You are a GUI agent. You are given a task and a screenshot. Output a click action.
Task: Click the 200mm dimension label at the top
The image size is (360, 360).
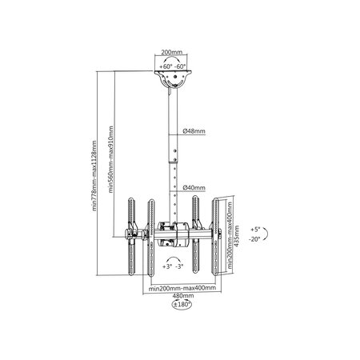pyautogui.click(x=171, y=52)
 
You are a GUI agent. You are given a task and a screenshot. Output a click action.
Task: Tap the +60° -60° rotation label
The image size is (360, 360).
pyautogui.click(x=173, y=66)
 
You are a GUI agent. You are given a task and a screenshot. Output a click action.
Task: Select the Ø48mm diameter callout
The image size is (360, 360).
pyautogui.click(x=194, y=131)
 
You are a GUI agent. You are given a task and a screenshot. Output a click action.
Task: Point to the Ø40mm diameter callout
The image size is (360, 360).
pyautogui.click(x=194, y=188)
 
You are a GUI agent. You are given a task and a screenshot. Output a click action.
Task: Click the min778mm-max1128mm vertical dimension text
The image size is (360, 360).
pyautogui.click(x=94, y=176)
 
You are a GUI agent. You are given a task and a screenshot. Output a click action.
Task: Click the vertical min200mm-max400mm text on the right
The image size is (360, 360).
pyautogui.click(x=230, y=235)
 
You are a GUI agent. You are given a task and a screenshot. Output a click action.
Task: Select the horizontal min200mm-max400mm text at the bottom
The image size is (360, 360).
pyautogui.click(x=182, y=288)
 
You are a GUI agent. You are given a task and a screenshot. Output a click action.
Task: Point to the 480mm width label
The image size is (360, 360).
pyautogui.click(x=183, y=296)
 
